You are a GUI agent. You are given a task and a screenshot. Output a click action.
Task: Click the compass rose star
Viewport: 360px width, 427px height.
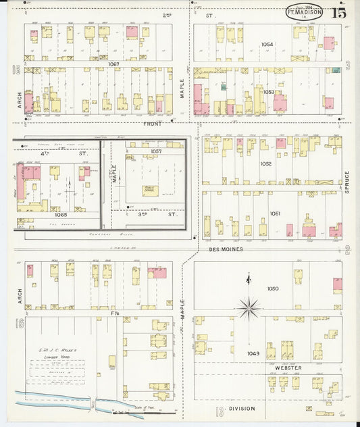(250, 308)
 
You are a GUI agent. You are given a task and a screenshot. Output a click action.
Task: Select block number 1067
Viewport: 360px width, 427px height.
(112, 64)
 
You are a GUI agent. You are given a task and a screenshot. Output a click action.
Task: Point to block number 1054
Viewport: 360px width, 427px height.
(268, 45)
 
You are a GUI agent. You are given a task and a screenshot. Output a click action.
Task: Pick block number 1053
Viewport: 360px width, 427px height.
(269, 92)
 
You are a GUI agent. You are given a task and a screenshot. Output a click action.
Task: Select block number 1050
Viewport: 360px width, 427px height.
(272, 288)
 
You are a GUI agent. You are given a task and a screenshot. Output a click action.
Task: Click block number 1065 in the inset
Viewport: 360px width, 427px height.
(61, 215)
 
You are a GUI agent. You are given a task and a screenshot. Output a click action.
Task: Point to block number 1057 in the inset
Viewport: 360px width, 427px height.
(157, 151)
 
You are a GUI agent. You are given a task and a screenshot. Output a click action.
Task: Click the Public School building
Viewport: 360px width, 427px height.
(149, 190)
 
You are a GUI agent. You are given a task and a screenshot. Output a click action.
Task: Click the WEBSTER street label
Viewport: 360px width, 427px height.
(288, 368)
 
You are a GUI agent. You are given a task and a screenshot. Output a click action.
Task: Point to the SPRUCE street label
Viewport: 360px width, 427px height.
(347, 182)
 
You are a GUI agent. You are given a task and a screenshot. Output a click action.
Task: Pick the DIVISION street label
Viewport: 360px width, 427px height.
(242, 409)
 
